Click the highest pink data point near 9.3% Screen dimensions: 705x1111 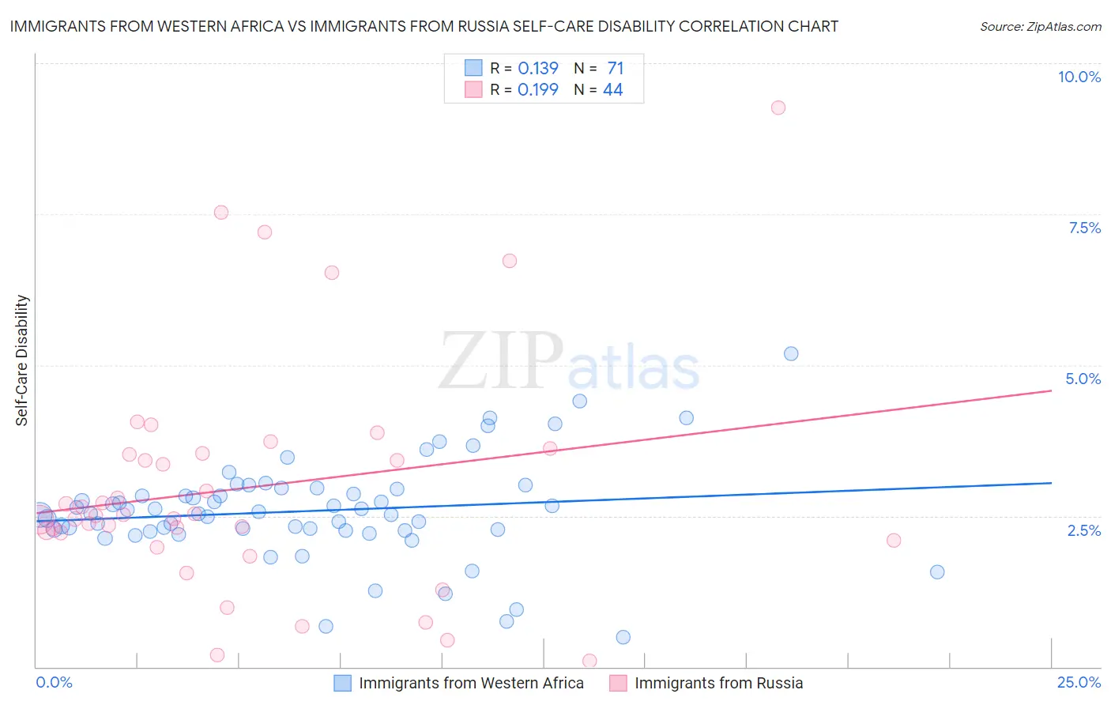point(778,107)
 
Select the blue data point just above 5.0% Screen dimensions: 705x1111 point(791,353)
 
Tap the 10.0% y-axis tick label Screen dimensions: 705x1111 point(1079,77)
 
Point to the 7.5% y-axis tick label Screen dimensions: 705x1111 point(1084,228)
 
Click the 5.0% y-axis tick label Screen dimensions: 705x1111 point(1083,379)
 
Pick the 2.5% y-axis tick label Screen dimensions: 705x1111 point(1083,530)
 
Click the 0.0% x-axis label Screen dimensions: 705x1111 point(54,683)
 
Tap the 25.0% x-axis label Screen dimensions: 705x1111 point(1079,683)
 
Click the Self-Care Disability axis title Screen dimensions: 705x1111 point(22,360)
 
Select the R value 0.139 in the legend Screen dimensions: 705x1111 point(538,68)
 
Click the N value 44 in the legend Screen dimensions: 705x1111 point(612,89)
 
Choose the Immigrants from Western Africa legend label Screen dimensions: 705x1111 point(471,683)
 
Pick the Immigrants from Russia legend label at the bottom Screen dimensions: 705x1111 point(718,683)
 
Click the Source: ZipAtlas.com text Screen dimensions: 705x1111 point(1040,26)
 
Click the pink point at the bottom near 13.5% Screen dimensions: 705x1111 point(589,661)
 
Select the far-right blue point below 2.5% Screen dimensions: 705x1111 point(937,571)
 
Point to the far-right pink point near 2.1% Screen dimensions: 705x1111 point(894,541)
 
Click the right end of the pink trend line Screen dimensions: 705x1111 point(1051,390)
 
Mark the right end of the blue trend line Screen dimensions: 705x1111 point(1051,482)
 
